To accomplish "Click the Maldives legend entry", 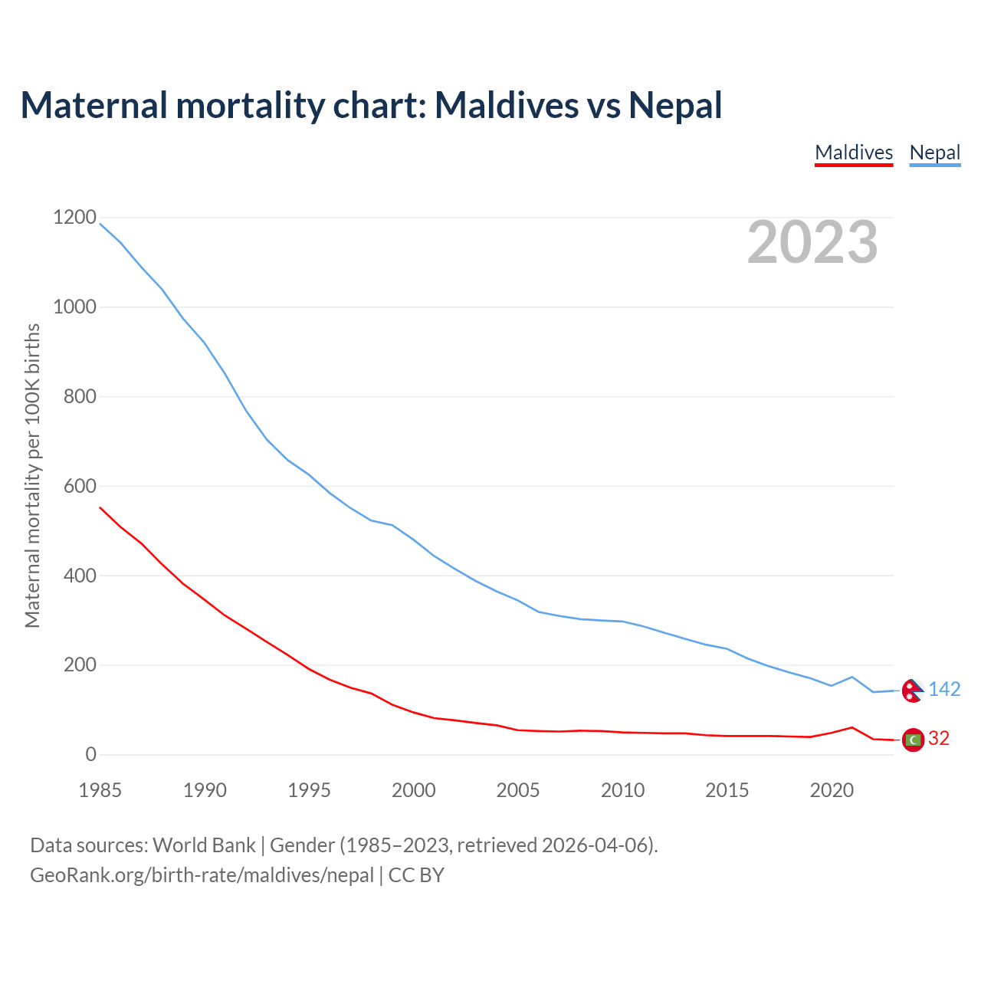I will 854,153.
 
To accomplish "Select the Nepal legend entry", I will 934,153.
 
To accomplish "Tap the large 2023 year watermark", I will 812,242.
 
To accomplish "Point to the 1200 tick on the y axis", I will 74,218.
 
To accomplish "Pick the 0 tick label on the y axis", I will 91,754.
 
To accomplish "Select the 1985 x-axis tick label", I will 100,789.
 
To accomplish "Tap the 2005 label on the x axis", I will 518,789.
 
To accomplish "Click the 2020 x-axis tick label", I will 832,789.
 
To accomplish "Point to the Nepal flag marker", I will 912,691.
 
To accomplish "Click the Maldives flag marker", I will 913,740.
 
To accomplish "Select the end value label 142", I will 944,690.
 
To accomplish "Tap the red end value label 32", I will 939,738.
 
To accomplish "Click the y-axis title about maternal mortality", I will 32,475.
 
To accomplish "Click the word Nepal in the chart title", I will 675,105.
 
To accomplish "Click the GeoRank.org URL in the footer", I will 202,875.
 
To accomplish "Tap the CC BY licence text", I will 416,875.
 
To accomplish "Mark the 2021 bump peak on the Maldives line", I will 852,727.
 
